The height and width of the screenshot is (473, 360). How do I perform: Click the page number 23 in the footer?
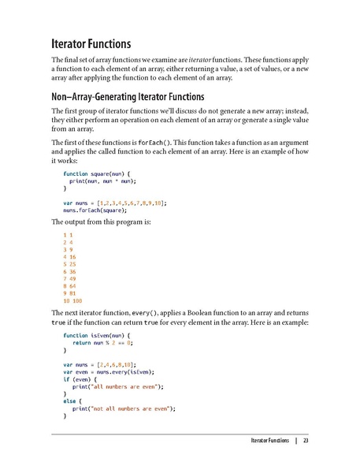pos(306,440)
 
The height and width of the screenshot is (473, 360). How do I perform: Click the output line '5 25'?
pos(70,264)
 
